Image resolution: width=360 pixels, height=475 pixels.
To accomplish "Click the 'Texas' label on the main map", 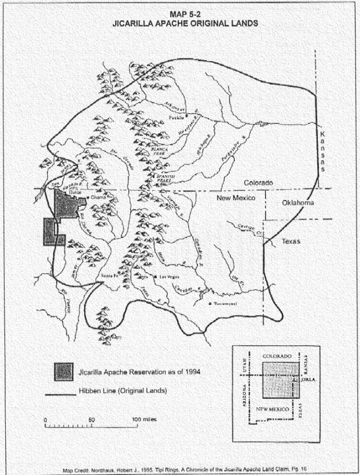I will (x=291, y=242).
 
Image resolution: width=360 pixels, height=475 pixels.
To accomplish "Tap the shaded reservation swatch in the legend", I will (x=63, y=372).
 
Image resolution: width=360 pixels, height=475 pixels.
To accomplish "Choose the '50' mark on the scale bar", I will (x=91, y=420).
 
